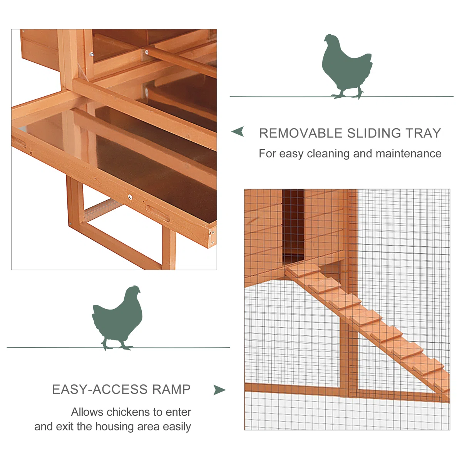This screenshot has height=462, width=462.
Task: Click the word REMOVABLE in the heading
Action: pyautogui.click(x=301, y=133)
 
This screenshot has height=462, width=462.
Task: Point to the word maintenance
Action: pyautogui.click(x=408, y=154)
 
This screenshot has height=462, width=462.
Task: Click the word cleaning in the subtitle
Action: pyautogui.click(x=328, y=154)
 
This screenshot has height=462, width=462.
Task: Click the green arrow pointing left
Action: pyautogui.click(x=238, y=131)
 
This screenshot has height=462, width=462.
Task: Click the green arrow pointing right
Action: pyautogui.click(x=219, y=390)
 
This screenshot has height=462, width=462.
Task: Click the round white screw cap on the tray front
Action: pyautogui.click(x=130, y=197)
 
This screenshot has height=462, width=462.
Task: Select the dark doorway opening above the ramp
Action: pyautogui.click(x=293, y=226)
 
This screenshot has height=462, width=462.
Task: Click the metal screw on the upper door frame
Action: pyautogui.click(x=91, y=54)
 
